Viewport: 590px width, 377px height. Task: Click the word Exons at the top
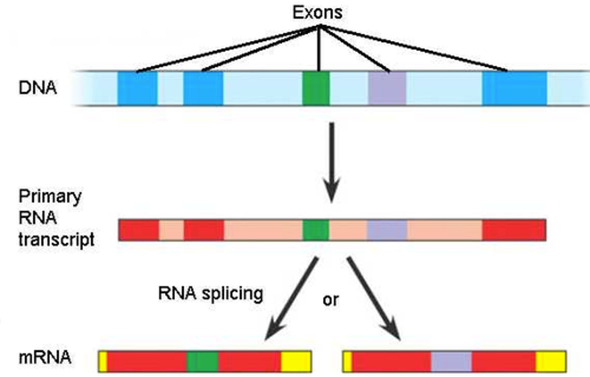pyautogui.click(x=317, y=13)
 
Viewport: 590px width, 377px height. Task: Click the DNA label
pyautogui.click(x=37, y=88)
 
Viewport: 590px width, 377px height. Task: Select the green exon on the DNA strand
pyautogui.click(x=315, y=88)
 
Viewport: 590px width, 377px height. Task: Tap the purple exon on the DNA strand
pyautogui.click(x=387, y=88)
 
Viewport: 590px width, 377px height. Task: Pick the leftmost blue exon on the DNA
pyautogui.click(x=137, y=88)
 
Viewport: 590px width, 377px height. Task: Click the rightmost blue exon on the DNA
pyautogui.click(x=514, y=88)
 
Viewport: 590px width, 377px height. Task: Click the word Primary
pyautogui.click(x=50, y=196)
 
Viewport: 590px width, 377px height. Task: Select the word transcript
pyautogui.click(x=57, y=239)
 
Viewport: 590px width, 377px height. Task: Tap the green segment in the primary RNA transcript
pyautogui.click(x=315, y=230)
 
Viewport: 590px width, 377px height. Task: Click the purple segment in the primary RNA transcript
pyautogui.click(x=387, y=230)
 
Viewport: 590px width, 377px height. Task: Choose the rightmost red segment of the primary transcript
pyautogui.click(x=514, y=230)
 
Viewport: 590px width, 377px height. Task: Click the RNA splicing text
pyautogui.click(x=211, y=293)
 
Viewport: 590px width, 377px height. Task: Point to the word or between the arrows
pyautogui.click(x=331, y=300)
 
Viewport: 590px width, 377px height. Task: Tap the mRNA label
pyautogui.click(x=45, y=357)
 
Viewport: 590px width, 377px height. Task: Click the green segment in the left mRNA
pyautogui.click(x=202, y=361)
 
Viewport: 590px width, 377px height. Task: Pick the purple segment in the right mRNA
pyautogui.click(x=451, y=361)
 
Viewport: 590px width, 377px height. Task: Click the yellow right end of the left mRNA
pyautogui.click(x=296, y=361)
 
